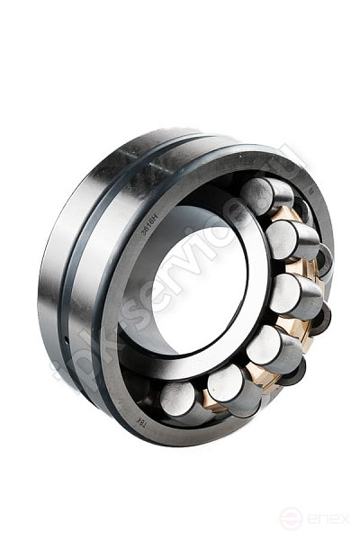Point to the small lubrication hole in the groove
[66, 339]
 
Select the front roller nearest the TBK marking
[177, 397]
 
